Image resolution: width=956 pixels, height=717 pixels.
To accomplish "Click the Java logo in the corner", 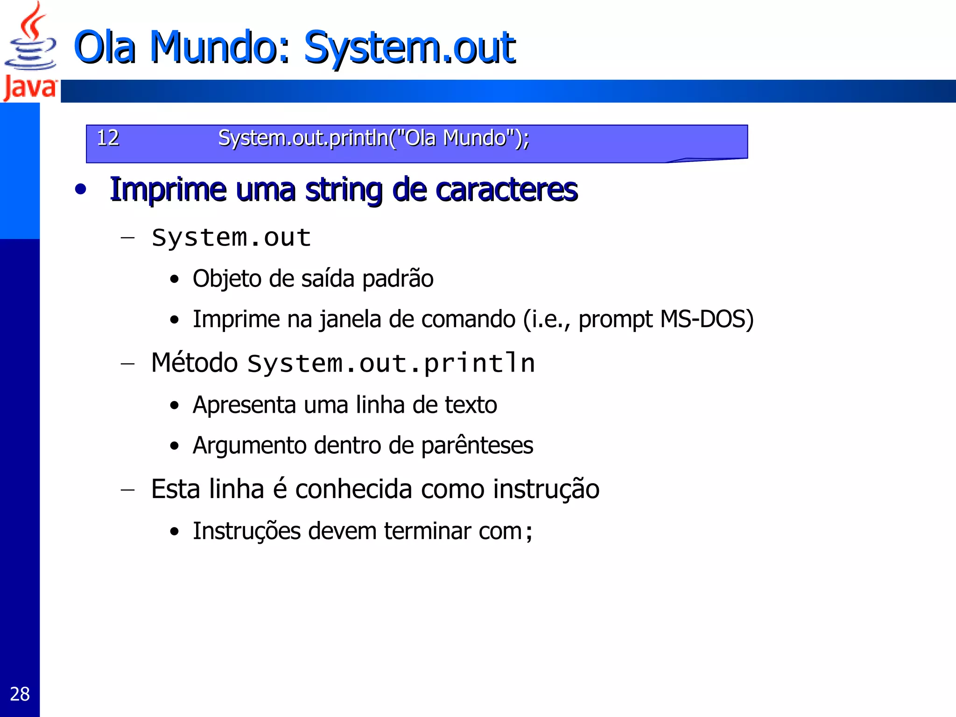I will coord(30,51).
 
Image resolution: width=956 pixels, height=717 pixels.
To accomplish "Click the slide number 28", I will coord(20,694).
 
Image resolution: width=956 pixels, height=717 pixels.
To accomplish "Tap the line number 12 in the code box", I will coord(108,138).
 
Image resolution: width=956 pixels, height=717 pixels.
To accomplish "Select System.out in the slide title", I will coord(409,48).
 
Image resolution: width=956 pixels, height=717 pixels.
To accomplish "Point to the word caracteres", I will coord(506,190).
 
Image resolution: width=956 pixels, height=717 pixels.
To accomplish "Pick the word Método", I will coord(195,363).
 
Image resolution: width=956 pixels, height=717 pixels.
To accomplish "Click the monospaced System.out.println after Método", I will coord(391,364).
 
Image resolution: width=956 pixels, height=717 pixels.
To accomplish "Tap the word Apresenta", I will coord(244,405).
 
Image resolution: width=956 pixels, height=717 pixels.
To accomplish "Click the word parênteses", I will coord(477,446).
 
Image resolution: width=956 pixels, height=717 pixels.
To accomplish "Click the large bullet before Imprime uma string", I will coord(81,190).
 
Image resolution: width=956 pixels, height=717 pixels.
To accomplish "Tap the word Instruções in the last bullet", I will coord(246,531).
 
